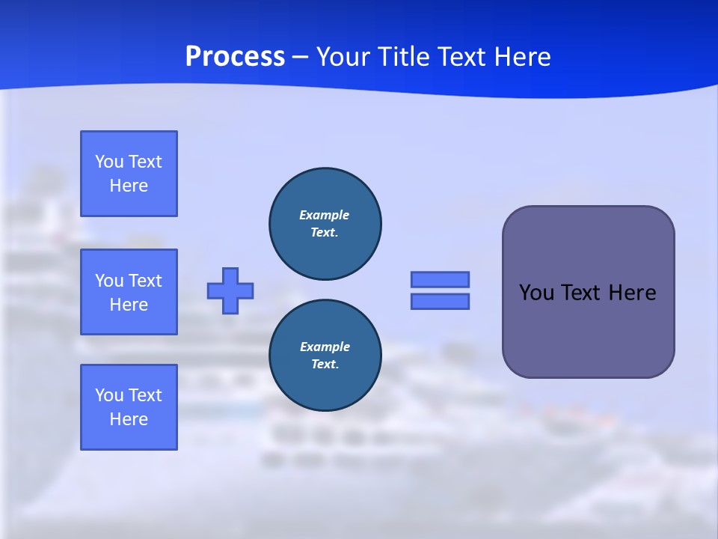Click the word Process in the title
click(235, 57)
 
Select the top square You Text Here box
click(129, 174)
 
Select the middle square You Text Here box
click(129, 292)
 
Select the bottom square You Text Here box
click(129, 407)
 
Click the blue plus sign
click(230, 290)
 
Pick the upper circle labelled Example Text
click(325, 224)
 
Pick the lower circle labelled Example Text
click(325, 356)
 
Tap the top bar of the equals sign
click(441, 280)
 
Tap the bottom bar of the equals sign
click(441, 302)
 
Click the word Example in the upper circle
click(324, 215)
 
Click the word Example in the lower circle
click(325, 347)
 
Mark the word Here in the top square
click(129, 186)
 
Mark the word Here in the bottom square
click(129, 419)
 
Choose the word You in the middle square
click(108, 281)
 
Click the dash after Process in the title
click(301, 58)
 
